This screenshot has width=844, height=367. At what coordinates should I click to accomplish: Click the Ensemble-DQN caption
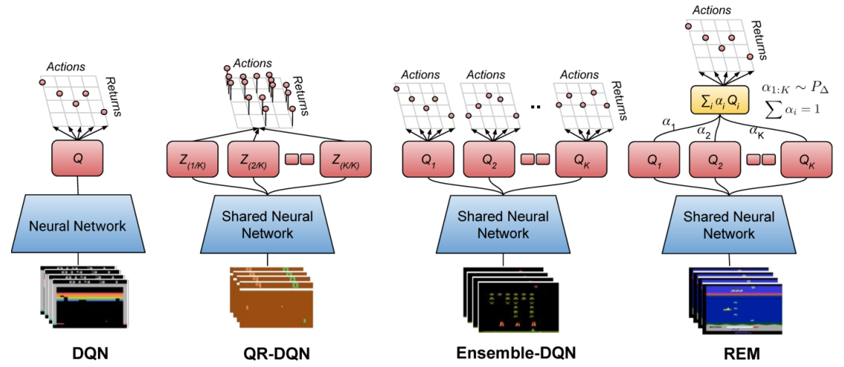(x=516, y=354)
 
